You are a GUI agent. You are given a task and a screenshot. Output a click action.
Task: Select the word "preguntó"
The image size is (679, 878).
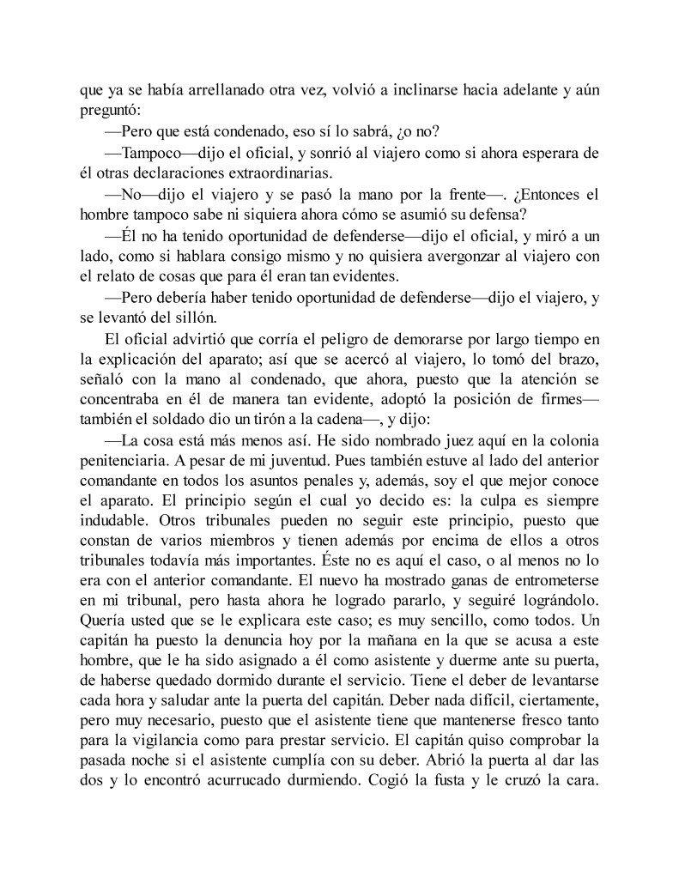(108, 111)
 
